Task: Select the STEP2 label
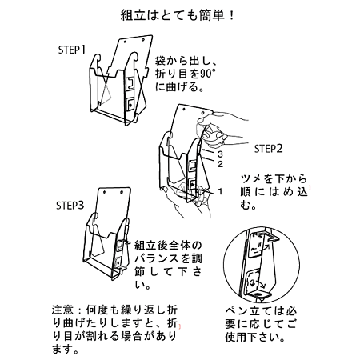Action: pyautogui.click(x=270, y=148)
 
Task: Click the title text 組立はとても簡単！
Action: pyautogui.click(x=178, y=15)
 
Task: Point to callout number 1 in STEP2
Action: pyautogui.click(x=218, y=192)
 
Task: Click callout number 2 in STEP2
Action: pyautogui.click(x=218, y=163)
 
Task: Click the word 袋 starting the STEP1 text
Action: pyautogui.click(x=161, y=60)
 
